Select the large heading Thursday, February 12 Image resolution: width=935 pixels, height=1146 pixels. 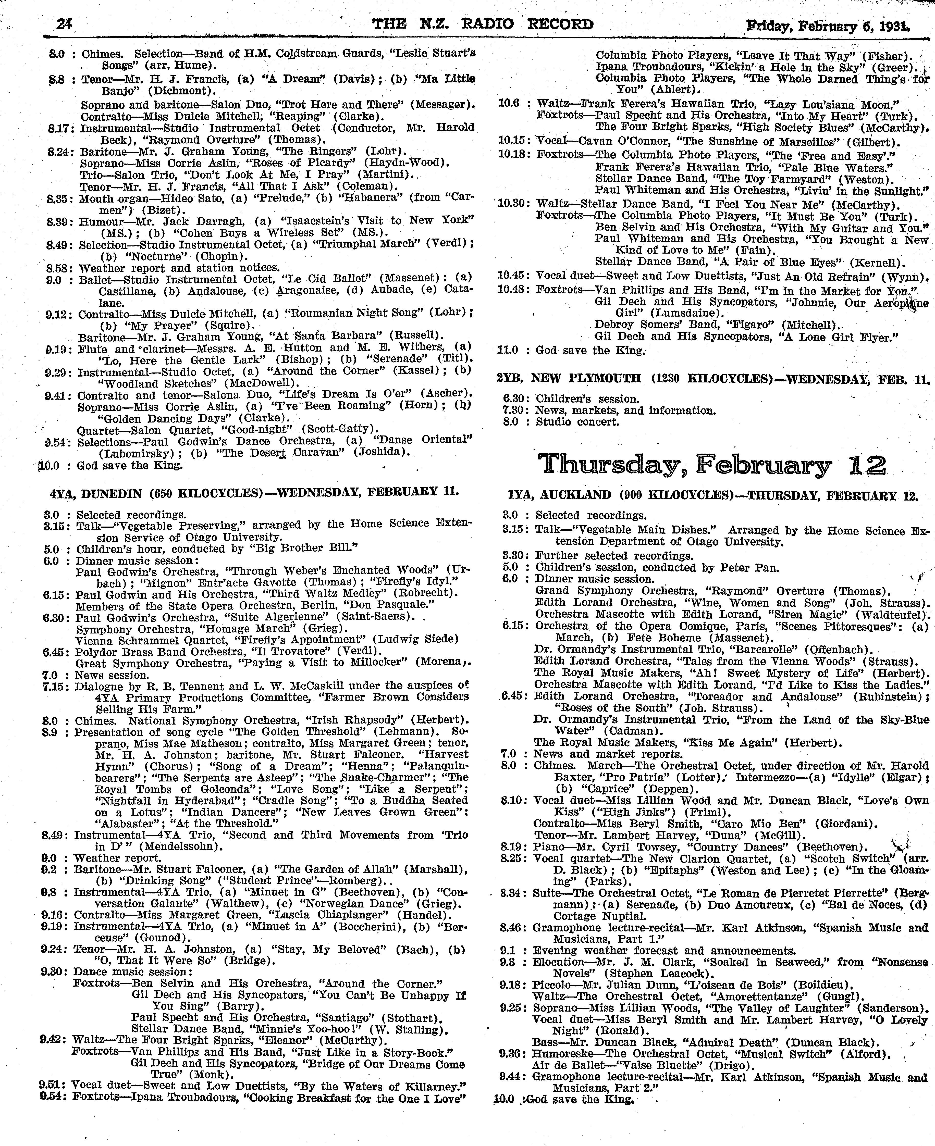click(x=712, y=465)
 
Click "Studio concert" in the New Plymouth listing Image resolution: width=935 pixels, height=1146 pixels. click(x=577, y=422)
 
